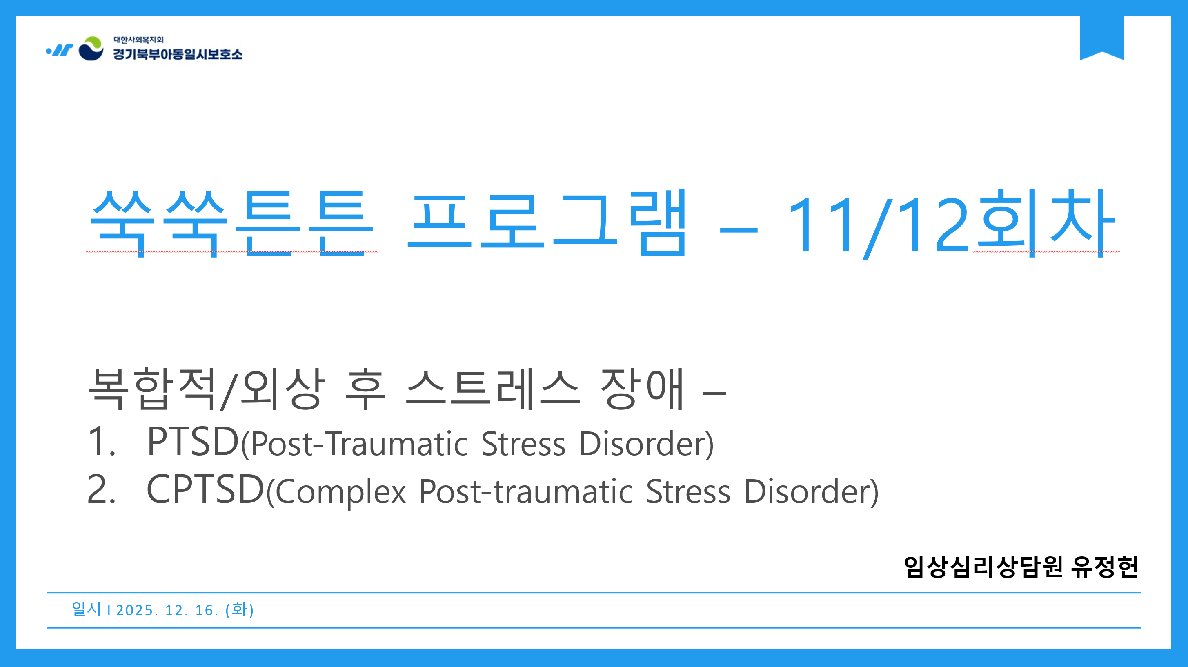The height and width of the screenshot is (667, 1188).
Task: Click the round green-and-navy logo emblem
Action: (x=91, y=49)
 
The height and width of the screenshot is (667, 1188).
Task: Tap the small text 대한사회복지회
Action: (x=139, y=40)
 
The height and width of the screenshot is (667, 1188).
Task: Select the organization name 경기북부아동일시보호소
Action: (x=178, y=54)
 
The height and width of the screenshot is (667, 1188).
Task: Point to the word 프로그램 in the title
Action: (x=547, y=223)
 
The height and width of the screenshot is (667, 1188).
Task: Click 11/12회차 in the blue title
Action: (x=950, y=224)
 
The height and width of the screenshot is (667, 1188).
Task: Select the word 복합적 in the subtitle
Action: (x=152, y=388)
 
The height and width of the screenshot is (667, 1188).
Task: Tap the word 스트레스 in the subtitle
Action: (x=492, y=388)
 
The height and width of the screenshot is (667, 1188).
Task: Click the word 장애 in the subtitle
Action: (x=641, y=388)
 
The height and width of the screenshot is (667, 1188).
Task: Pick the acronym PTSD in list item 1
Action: (x=193, y=441)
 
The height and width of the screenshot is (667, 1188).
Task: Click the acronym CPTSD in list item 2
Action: (x=205, y=489)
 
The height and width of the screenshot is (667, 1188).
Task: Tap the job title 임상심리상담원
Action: (x=983, y=567)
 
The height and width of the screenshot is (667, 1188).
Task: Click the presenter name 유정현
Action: (x=1105, y=567)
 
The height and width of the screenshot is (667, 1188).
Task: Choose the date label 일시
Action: (x=86, y=609)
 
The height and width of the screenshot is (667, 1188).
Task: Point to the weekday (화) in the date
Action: (x=239, y=609)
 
